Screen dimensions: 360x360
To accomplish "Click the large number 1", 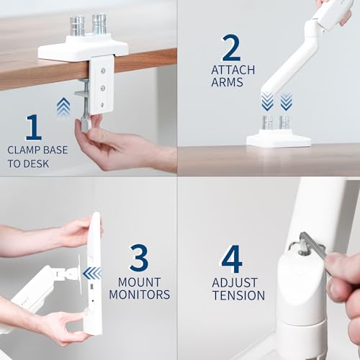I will coord(33,127).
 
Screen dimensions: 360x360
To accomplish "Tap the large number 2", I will coord(231,48).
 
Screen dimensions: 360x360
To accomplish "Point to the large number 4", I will coord(231,258).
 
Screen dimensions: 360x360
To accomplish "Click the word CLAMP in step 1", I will coord(24,150).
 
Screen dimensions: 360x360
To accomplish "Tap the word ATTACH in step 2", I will coord(231,70).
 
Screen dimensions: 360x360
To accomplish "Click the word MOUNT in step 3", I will coord(139,282).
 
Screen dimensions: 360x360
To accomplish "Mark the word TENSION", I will coord(238,295).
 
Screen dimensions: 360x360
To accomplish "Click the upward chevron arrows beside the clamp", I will coord(63,107).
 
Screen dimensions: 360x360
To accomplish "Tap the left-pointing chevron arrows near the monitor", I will coord(92,273).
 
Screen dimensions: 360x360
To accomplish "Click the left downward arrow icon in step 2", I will coord(267,102).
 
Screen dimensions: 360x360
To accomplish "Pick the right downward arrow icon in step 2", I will coord(286,102).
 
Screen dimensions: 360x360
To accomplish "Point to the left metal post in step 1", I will coord(78,26).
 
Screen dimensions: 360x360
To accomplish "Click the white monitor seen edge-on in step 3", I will coord(93,274).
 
